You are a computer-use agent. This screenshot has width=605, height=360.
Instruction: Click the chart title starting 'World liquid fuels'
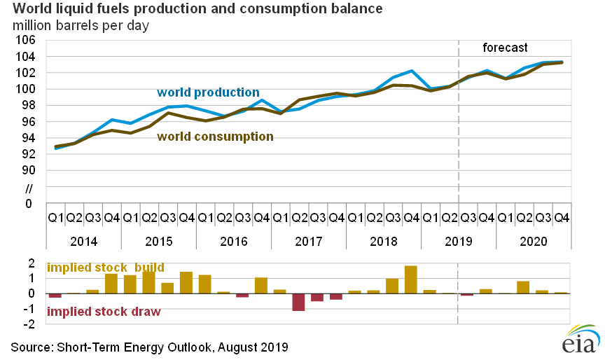[x=189, y=10]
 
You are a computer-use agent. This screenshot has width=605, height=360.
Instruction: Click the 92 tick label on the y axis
[x=29, y=154]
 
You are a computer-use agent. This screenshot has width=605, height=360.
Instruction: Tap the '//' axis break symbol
[x=29, y=188]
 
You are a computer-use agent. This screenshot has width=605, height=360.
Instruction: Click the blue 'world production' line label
[x=208, y=92]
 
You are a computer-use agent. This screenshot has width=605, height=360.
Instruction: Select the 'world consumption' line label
[x=214, y=137]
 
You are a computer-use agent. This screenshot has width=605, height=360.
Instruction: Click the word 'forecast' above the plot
[x=505, y=48]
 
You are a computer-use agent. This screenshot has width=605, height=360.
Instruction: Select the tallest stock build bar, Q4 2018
[x=411, y=279]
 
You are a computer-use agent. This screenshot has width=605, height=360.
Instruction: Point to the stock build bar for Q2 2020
[x=523, y=287]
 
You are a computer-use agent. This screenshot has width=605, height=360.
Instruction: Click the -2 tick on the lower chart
[x=32, y=324]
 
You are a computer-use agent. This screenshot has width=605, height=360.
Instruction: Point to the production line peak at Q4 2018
[x=412, y=71]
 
